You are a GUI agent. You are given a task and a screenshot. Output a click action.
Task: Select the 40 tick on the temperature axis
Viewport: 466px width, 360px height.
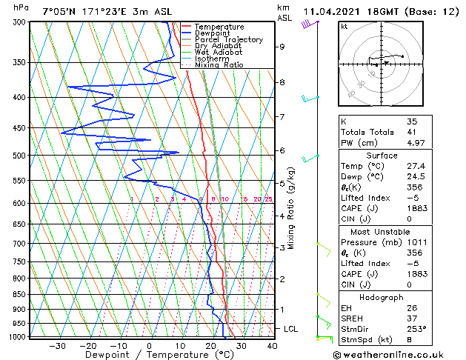click(x=272, y=345)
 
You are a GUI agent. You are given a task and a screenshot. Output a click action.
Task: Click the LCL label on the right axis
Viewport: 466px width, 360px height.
click(x=291, y=328)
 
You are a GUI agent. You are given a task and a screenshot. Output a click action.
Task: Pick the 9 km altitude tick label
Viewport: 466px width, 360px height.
click(x=282, y=47)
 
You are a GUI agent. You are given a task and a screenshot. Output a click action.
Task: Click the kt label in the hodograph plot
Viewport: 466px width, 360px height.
click(x=344, y=27)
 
